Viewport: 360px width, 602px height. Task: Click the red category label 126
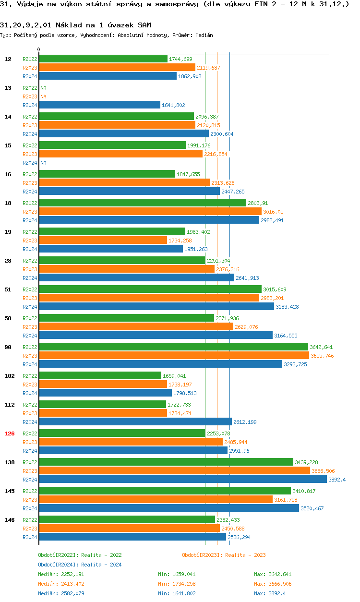coord(10,433)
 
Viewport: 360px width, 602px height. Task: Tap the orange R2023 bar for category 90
coord(174,356)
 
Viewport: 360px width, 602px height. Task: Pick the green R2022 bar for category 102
coord(100,376)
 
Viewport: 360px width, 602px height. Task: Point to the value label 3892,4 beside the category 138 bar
coord(337,480)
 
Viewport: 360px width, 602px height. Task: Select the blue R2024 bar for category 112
coord(135,422)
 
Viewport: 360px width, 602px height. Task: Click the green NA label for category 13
coord(43,88)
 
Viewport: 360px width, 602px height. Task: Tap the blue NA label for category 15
coord(43,163)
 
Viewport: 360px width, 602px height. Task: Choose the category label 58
coord(8,318)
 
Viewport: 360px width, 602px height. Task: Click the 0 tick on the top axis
coord(39,50)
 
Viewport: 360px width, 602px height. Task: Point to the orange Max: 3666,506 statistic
coord(273,584)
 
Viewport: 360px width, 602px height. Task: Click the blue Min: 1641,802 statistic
coord(177,593)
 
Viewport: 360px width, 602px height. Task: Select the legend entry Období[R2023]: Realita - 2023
coord(224,555)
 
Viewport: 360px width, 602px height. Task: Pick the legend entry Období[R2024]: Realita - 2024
coord(80,565)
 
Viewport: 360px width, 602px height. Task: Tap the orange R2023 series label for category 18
coord(30,212)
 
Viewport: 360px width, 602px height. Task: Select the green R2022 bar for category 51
coord(150,289)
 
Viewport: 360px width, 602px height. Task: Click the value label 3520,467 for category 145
coord(312,508)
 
